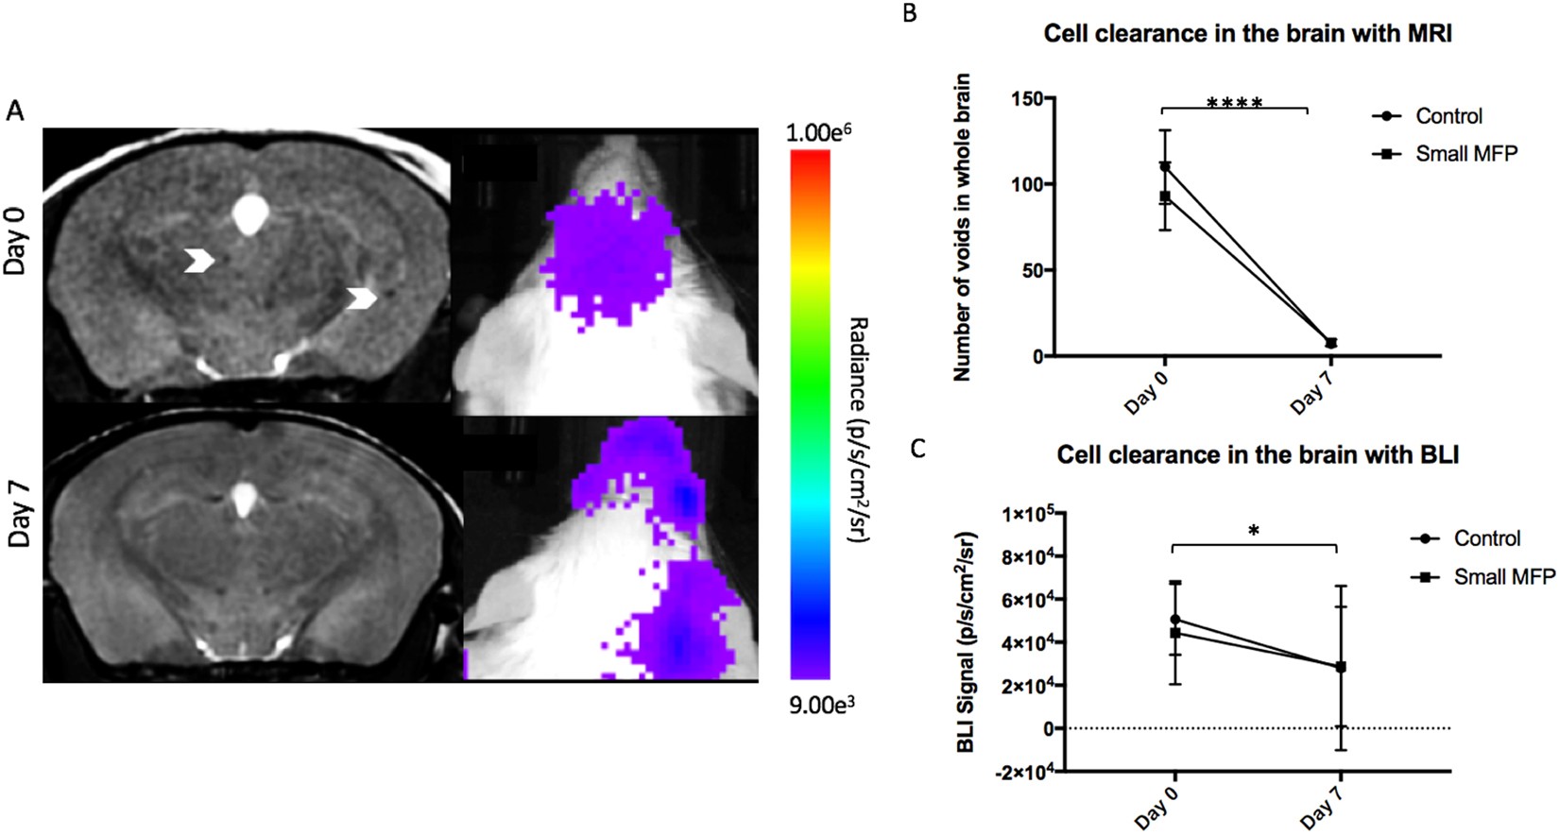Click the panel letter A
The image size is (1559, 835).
(x=15, y=111)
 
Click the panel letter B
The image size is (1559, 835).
(x=910, y=14)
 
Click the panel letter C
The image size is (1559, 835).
(x=917, y=448)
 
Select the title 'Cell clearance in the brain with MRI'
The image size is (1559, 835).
(x=1247, y=34)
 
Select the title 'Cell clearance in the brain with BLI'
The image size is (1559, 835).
(x=1258, y=455)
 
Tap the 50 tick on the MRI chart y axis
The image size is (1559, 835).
(x=1032, y=270)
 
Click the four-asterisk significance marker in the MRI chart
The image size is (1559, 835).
(x=1234, y=102)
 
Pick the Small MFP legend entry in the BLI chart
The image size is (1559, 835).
(x=1503, y=576)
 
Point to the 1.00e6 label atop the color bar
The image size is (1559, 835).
(x=818, y=132)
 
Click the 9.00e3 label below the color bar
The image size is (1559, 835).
(x=822, y=705)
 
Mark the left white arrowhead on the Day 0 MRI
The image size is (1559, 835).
(x=198, y=261)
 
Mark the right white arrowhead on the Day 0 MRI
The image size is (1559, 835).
(x=362, y=298)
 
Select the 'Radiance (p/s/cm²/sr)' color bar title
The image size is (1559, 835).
(x=858, y=430)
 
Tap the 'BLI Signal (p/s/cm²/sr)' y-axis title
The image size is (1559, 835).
(x=966, y=642)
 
